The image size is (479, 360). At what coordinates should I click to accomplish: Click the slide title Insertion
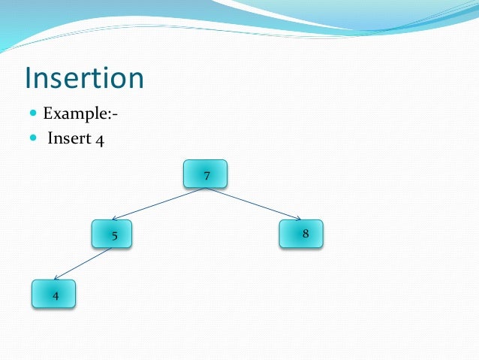(x=83, y=78)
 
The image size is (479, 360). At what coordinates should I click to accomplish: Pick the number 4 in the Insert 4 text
(x=99, y=140)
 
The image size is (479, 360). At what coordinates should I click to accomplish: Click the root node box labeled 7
(x=205, y=174)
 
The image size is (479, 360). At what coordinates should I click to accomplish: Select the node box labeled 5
(x=112, y=234)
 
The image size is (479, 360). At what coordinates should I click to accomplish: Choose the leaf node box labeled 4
(x=53, y=294)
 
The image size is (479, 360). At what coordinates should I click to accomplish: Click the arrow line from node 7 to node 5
(x=158, y=204)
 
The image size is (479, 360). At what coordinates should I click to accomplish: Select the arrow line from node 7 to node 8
(x=255, y=204)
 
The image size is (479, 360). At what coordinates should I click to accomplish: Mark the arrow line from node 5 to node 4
(x=83, y=264)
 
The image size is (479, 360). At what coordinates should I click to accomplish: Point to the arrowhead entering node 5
(x=115, y=219)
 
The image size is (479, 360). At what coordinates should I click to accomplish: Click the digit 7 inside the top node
(x=206, y=176)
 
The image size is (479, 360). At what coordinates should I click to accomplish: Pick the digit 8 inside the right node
(x=306, y=234)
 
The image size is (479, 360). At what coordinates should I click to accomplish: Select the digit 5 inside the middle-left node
(x=114, y=236)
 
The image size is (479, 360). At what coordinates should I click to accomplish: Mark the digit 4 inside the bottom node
(x=56, y=295)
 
